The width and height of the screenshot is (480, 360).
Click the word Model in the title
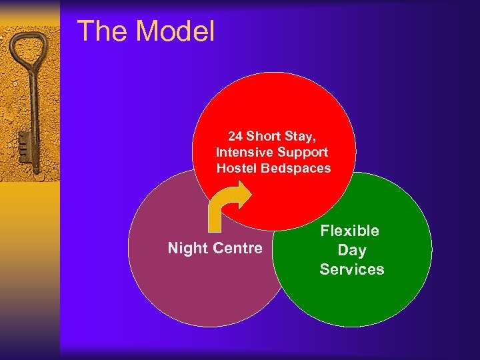pos(176,31)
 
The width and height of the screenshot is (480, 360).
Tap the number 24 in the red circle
pos(235,137)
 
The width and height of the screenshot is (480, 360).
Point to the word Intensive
pos(242,153)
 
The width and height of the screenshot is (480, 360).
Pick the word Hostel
pos(237,169)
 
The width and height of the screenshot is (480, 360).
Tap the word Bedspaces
pos(295,169)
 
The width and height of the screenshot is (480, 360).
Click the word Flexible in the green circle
pos(350,231)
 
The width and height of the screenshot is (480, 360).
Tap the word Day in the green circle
pos(351,251)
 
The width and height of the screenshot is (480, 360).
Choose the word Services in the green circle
pos(351,269)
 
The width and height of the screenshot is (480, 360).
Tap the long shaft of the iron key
pos(32,113)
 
